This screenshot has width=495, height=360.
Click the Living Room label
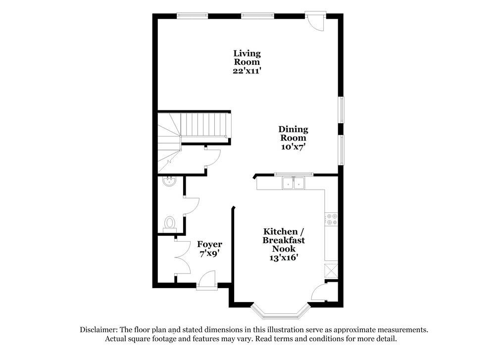(x=247, y=57)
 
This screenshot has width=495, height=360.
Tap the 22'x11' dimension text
(x=247, y=71)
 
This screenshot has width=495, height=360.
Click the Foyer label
(x=209, y=244)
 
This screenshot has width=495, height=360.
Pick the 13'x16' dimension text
(x=283, y=257)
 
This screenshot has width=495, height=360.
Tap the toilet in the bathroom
(x=169, y=223)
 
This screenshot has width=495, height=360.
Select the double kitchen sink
(x=294, y=184)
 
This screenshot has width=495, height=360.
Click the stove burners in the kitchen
(x=331, y=219)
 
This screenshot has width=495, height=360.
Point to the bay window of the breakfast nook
(x=280, y=312)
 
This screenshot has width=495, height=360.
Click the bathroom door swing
(x=191, y=206)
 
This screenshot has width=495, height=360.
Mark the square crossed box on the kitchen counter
(x=331, y=271)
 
